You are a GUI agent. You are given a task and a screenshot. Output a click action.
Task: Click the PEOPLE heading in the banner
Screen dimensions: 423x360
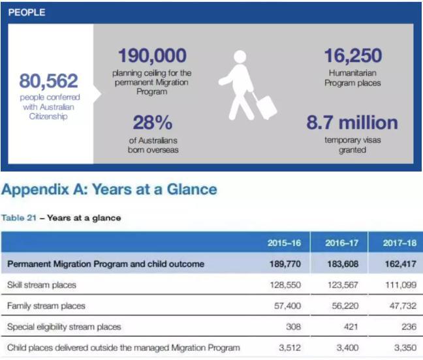coord(27,12)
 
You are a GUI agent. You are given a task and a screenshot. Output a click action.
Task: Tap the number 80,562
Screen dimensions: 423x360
coord(48,81)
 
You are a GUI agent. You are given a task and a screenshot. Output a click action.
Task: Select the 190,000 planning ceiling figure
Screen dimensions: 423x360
coord(152,55)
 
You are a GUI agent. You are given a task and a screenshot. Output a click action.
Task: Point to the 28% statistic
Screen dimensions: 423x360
coord(152,123)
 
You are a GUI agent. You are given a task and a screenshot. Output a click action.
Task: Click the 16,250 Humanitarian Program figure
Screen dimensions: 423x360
coord(353,55)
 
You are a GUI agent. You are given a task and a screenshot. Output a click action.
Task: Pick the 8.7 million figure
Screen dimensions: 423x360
coord(352,123)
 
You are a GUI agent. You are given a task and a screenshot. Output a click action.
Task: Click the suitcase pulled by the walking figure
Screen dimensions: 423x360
coord(265,106)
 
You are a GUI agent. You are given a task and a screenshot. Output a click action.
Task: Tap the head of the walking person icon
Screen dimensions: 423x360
coord(240,57)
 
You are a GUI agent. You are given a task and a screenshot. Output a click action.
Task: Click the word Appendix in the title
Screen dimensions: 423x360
coord(35,190)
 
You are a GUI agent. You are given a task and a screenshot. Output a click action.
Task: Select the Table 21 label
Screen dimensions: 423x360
coord(19,218)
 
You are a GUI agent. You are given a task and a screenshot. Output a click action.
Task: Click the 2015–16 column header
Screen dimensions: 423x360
coord(284,243)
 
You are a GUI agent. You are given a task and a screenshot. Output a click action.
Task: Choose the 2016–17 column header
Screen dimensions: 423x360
coord(342,243)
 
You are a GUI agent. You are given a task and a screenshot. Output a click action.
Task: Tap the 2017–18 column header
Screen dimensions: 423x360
coord(399,243)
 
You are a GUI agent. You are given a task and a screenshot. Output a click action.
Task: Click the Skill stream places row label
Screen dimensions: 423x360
coord(42,285)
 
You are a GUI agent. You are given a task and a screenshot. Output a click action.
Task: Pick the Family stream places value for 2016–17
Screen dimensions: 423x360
coord(345,306)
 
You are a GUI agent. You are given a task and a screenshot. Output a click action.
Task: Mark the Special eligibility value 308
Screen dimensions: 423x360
coord(293,327)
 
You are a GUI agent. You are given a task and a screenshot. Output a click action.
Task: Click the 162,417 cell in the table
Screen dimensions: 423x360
coord(401,263)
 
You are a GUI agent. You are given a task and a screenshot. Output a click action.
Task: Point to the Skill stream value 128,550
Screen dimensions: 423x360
coord(285,285)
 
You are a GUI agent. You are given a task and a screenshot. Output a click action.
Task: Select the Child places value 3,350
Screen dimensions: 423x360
coord(405,348)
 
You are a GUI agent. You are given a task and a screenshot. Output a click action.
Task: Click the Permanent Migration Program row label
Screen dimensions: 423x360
coord(106,264)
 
